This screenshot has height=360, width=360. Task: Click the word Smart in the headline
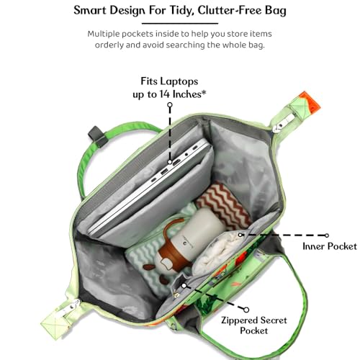point(90,10)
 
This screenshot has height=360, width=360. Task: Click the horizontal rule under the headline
point(180,23)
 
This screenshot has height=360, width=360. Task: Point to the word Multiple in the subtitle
point(103,34)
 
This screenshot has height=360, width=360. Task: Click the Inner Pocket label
point(330,246)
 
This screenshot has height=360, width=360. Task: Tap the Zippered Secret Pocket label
point(254,325)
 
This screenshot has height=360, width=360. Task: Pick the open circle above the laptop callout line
point(170,104)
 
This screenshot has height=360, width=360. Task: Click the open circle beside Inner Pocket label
point(327,235)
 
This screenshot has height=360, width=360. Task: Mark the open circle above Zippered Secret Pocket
point(246,310)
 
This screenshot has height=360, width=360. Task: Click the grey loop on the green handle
point(98,137)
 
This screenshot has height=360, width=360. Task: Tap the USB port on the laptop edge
point(165,171)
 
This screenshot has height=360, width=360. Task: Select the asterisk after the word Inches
point(204,92)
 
